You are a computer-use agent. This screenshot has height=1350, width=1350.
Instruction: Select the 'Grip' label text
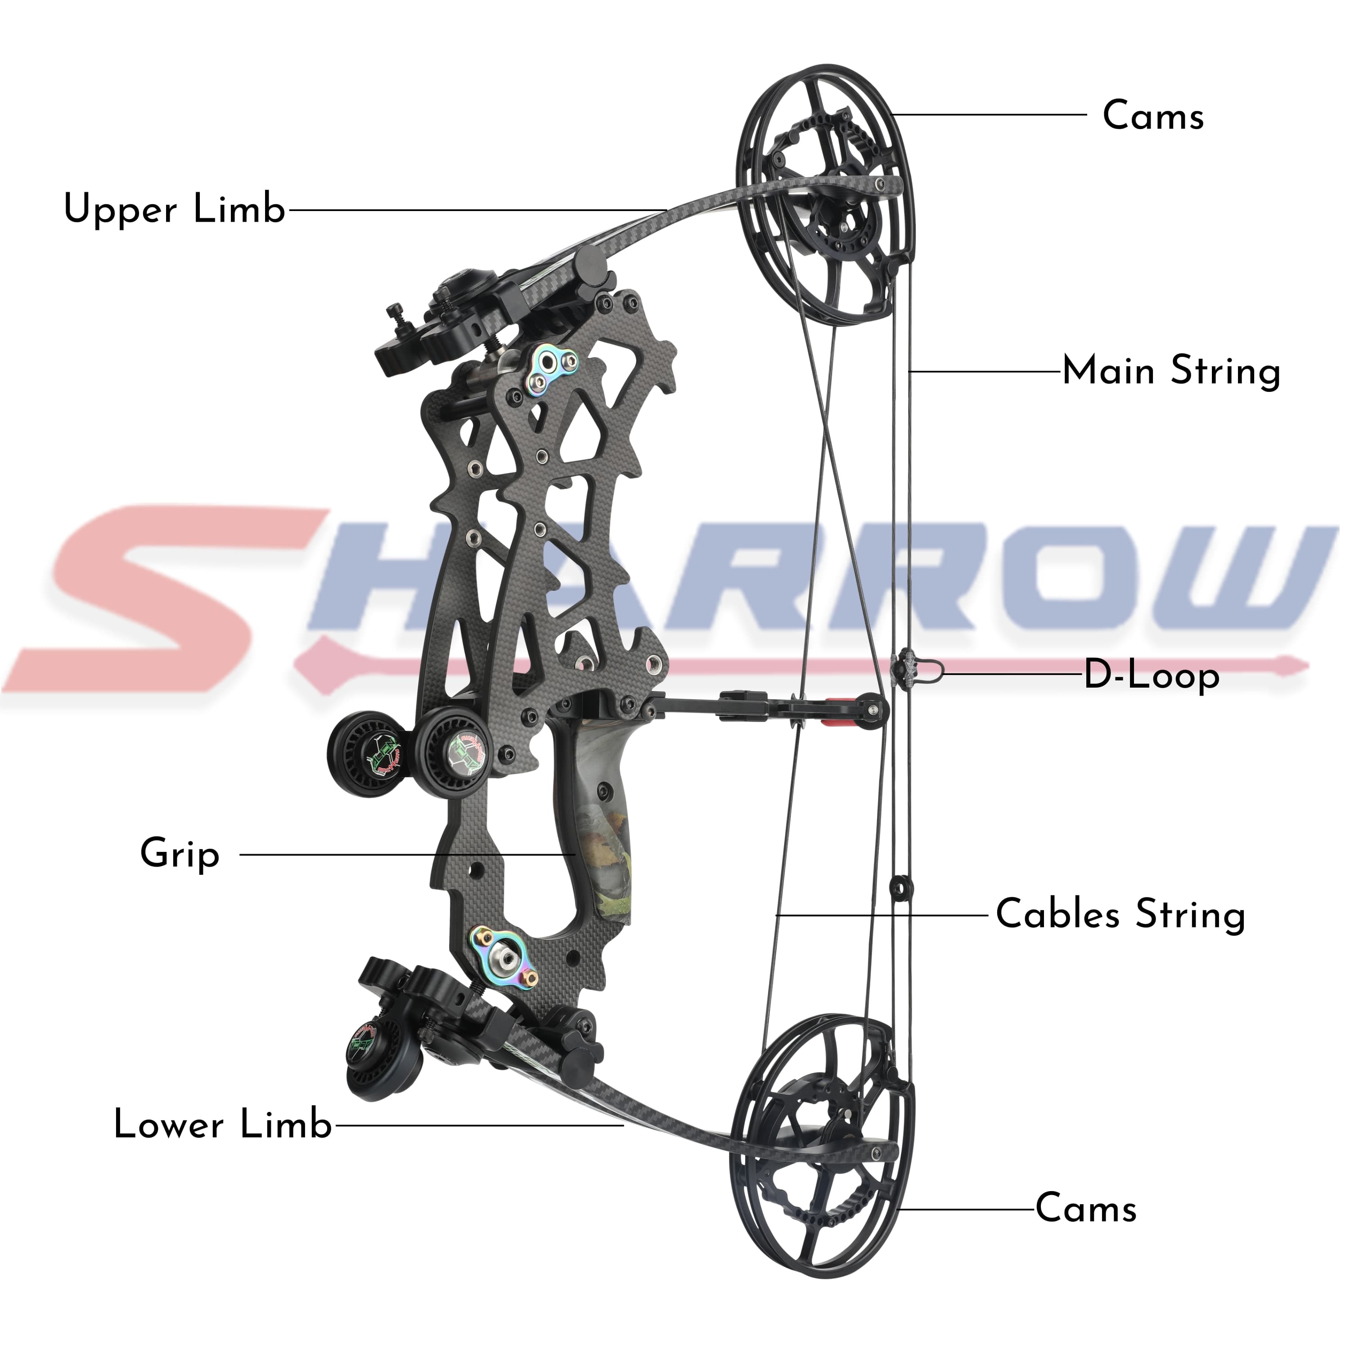[180, 854]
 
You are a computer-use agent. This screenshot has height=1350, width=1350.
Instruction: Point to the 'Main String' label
[1171, 371]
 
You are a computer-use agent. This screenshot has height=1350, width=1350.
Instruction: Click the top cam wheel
[824, 202]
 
